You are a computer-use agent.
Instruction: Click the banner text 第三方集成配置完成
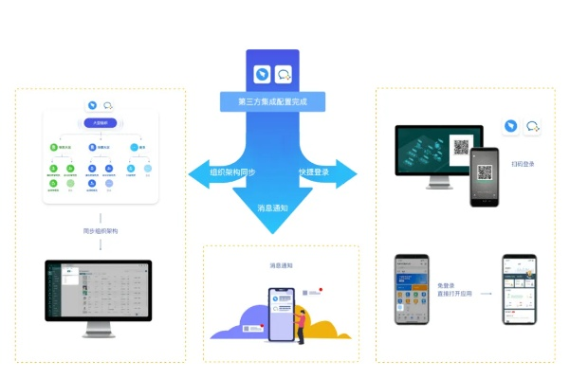click(272, 100)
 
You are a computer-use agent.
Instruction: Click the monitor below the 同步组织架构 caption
click(98, 293)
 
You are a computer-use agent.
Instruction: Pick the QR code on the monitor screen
click(462, 149)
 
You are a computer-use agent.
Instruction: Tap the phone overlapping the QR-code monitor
click(486, 176)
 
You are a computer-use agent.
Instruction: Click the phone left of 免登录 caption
click(412, 289)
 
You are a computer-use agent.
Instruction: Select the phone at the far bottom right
click(520, 289)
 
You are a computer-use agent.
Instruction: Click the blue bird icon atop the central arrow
click(262, 73)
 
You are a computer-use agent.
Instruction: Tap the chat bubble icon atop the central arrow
click(283, 73)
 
